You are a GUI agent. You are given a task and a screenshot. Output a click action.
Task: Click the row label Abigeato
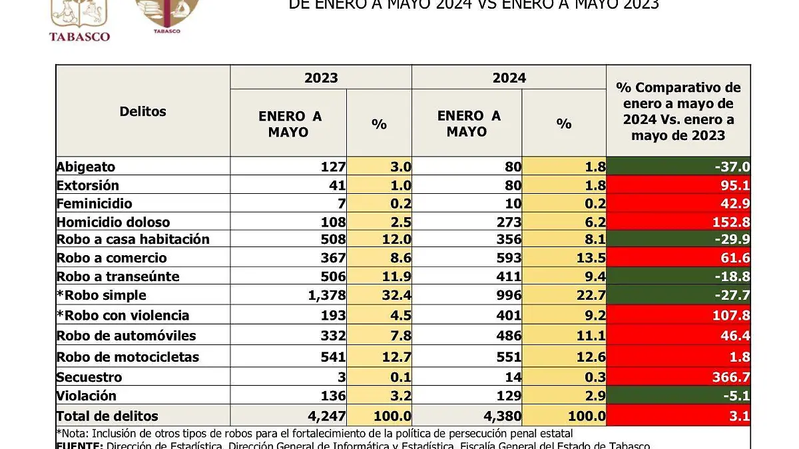coord(86,167)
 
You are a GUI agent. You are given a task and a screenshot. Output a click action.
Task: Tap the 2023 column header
coord(321,78)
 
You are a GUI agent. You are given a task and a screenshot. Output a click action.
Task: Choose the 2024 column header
coord(509,78)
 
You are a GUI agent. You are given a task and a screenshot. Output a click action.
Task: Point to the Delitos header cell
coord(142,111)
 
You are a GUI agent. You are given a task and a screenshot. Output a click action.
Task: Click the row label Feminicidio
coord(94,204)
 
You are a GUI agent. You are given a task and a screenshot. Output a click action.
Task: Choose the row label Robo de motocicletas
coord(127,357)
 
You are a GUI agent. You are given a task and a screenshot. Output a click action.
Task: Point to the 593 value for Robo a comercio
coord(507,258)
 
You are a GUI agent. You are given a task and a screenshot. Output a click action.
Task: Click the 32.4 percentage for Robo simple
coord(396,295)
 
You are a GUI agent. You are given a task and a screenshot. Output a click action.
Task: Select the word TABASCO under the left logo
coord(79,36)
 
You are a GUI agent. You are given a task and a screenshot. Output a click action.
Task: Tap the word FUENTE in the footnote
coord(79,445)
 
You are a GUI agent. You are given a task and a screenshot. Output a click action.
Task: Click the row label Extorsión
coord(88,185)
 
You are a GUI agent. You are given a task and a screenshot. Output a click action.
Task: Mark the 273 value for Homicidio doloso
coord(507,222)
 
